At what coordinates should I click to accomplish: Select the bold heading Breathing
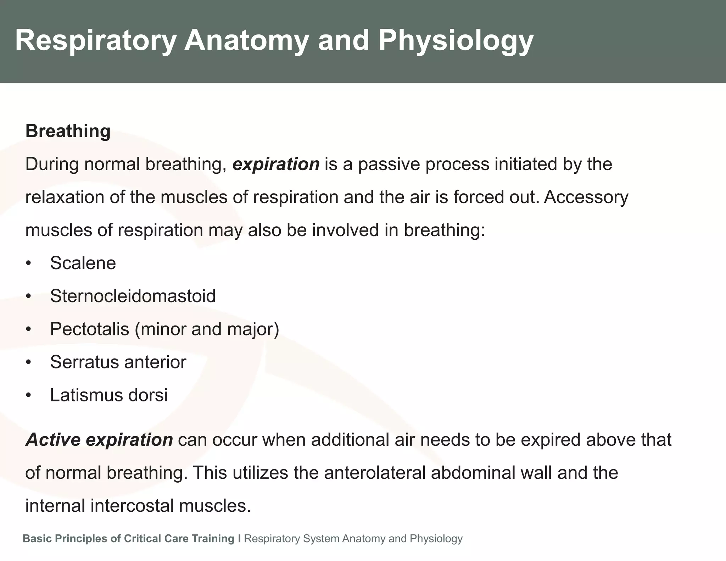click(68, 131)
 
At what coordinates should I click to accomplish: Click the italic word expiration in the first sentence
click(276, 164)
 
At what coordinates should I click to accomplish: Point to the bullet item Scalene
click(83, 263)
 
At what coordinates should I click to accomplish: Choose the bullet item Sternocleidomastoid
click(133, 296)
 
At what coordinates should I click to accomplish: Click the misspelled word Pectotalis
click(89, 329)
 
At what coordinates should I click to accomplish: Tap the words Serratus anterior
click(118, 362)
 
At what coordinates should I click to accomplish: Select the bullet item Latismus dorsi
click(108, 395)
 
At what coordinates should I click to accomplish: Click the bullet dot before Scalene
click(28, 263)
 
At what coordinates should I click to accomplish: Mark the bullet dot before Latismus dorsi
click(28, 395)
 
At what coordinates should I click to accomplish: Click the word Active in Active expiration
click(53, 440)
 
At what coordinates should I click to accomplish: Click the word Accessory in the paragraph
click(586, 197)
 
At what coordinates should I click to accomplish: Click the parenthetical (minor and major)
click(207, 329)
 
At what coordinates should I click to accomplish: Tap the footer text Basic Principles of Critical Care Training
click(128, 539)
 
